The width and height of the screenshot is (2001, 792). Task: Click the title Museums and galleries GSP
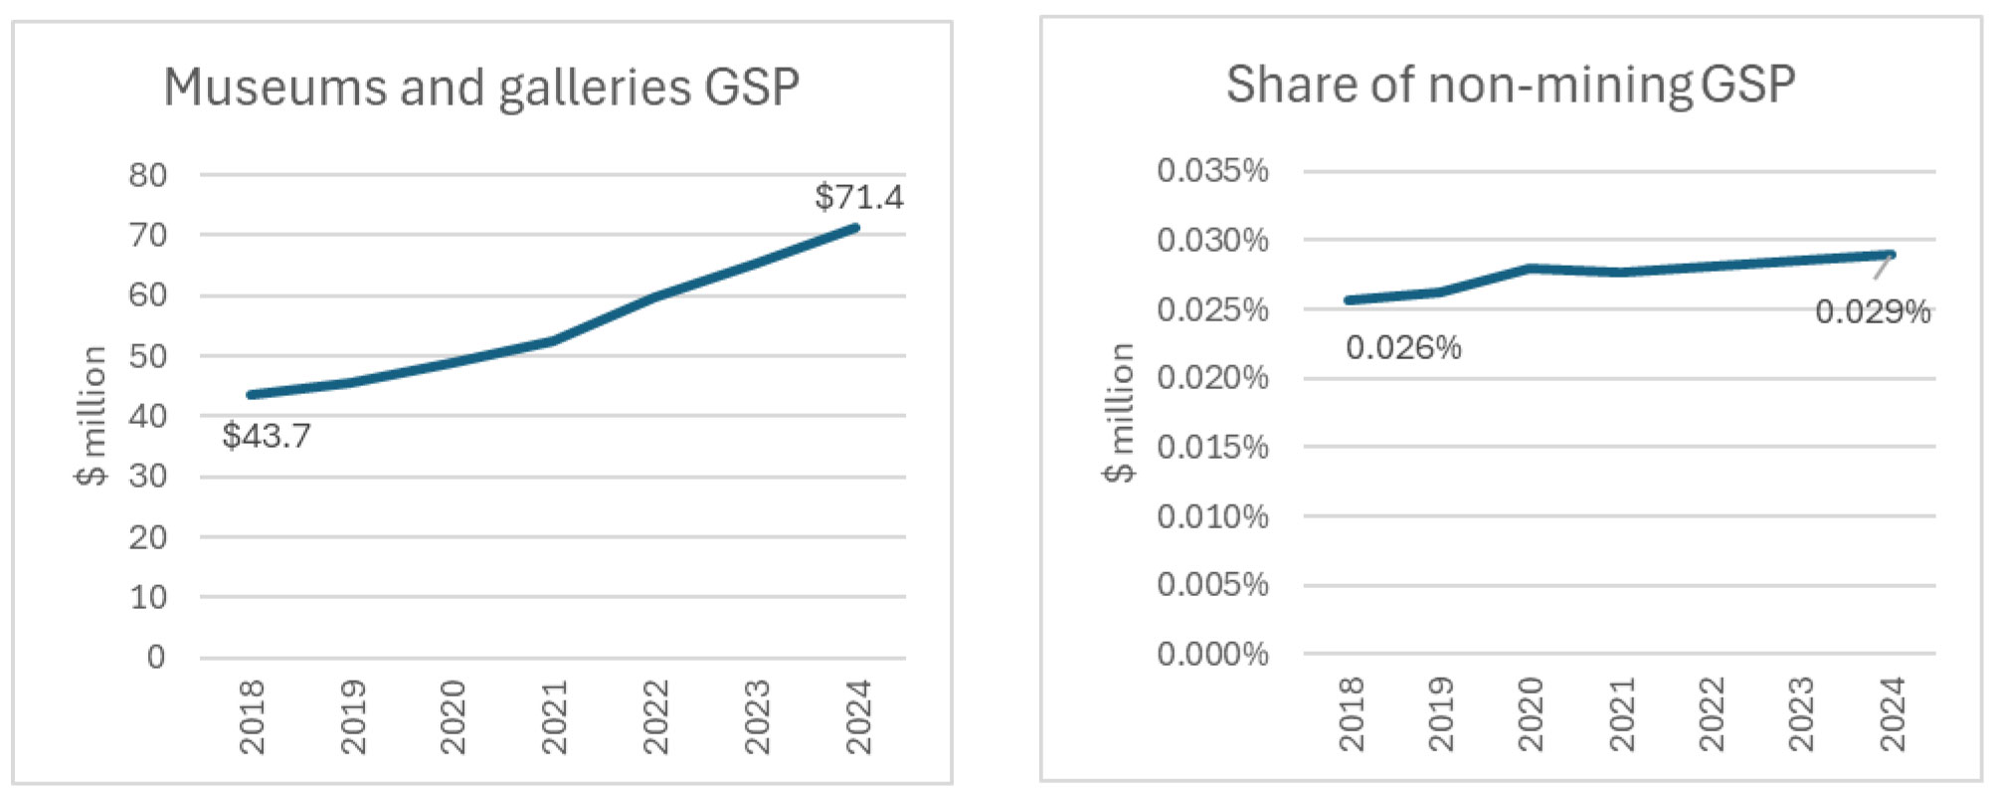[x=481, y=88]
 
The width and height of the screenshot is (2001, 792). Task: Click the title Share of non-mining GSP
[x=1510, y=85]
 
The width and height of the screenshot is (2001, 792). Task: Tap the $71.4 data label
[x=858, y=197]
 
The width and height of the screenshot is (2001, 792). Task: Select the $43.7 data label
[x=266, y=436]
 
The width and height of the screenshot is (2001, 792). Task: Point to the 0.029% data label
[x=1872, y=312]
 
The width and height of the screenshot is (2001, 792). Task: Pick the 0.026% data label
[x=1402, y=348]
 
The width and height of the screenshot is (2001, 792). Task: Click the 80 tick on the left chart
[x=147, y=175]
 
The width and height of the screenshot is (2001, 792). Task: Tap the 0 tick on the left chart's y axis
[x=156, y=657]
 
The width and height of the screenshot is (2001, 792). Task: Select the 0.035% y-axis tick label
[x=1212, y=171]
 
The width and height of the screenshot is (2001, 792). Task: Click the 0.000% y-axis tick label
[x=1212, y=654]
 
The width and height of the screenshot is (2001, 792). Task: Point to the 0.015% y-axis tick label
[x=1212, y=447]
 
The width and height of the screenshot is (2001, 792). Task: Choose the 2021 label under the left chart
[x=554, y=716]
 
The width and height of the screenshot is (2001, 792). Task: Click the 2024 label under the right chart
[x=1892, y=713]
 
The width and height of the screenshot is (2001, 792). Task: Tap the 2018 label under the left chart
[x=252, y=716]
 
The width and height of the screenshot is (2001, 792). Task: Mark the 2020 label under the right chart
[x=1530, y=713]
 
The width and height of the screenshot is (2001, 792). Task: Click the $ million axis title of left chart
[x=91, y=415]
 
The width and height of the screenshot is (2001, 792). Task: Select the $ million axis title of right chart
[x=1120, y=412]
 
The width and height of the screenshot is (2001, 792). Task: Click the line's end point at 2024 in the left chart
[x=855, y=228]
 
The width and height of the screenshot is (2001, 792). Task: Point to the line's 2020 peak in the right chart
[x=1530, y=269]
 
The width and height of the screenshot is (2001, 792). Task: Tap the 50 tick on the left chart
[x=147, y=356]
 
